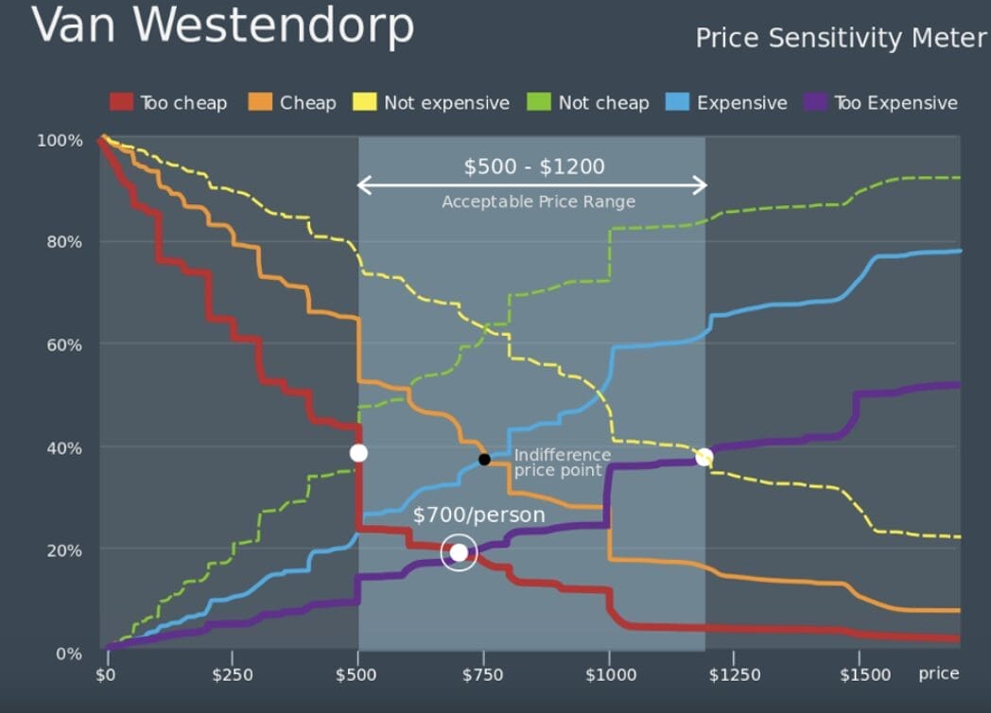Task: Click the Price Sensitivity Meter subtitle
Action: pyautogui.click(x=841, y=39)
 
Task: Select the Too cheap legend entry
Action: pyautogui.click(x=169, y=103)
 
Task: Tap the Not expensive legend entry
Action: pyautogui.click(x=432, y=103)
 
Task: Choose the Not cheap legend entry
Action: pyautogui.click(x=590, y=103)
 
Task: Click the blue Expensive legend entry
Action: pyautogui.click(x=728, y=103)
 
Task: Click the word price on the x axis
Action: pyautogui.click(x=938, y=673)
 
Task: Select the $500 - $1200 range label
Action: pyautogui.click(x=533, y=167)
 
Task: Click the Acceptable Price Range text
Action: pyautogui.click(x=538, y=201)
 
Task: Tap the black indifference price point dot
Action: pyautogui.click(x=484, y=460)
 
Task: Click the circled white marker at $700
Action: pyautogui.click(x=459, y=552)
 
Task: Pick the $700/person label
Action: pyautogui.click(x=478, y=515)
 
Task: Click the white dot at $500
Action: pyautogui.click(x=358, y=453)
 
